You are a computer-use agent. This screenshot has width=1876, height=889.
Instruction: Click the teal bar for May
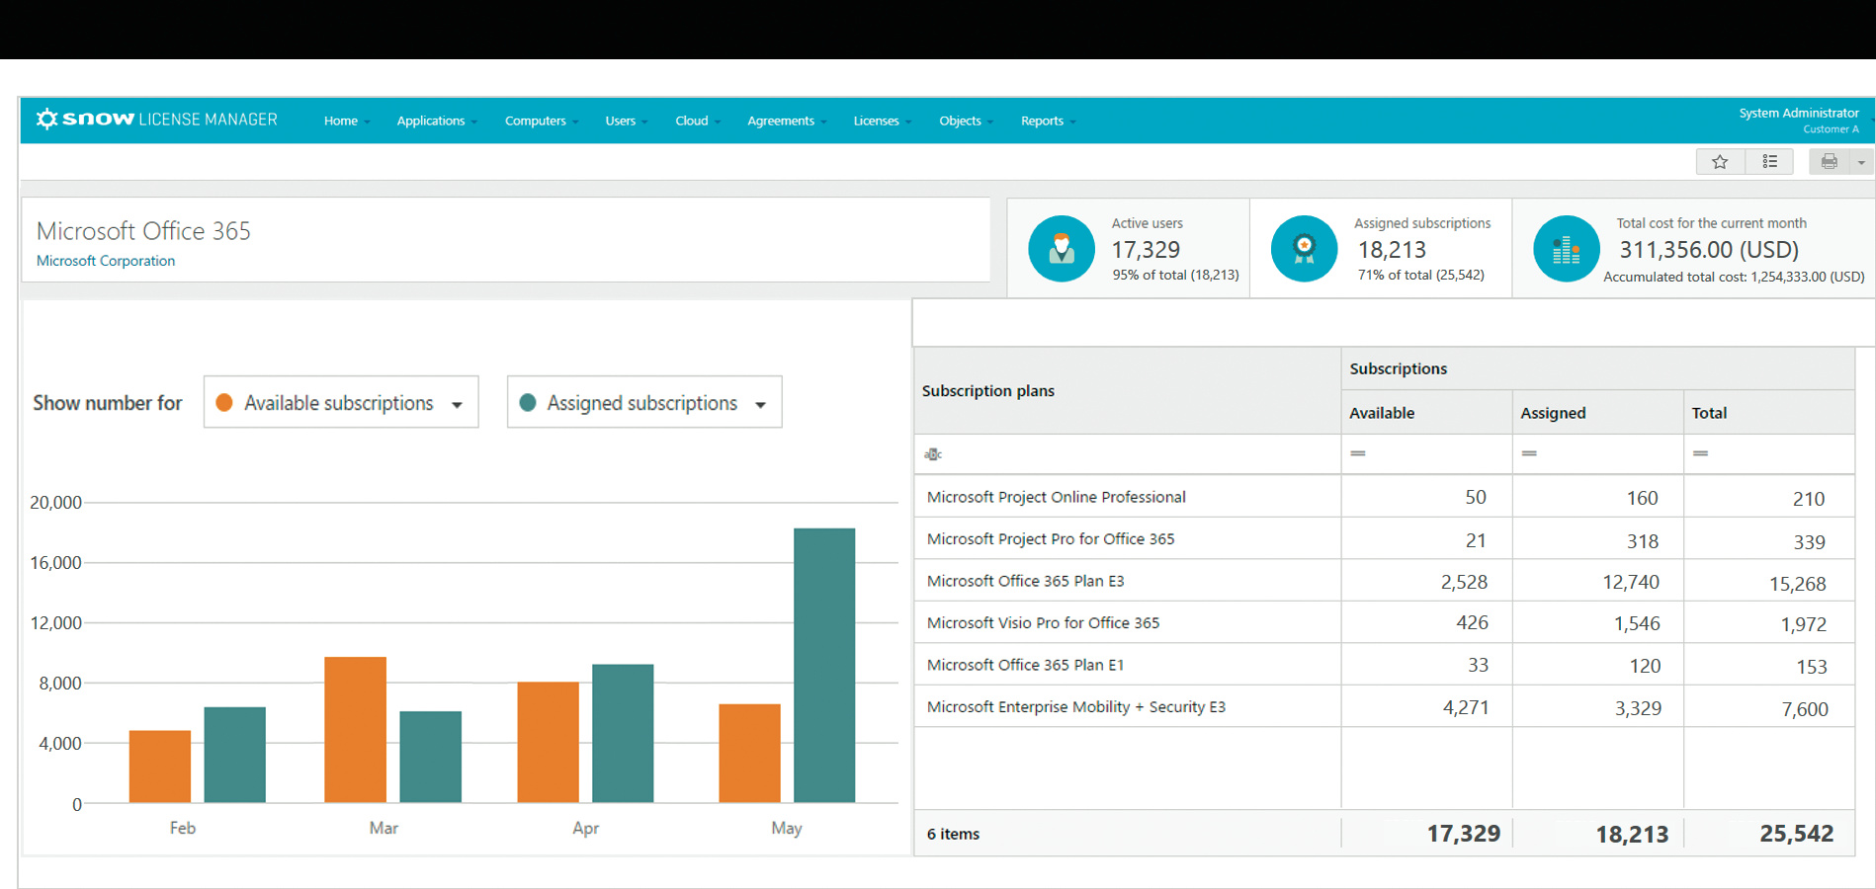[824, 665]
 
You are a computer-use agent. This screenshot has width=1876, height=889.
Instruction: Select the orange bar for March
[355, 729]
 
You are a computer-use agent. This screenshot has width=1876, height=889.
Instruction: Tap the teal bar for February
[234, 754]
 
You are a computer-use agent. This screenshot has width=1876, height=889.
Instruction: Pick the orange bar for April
[548, 741]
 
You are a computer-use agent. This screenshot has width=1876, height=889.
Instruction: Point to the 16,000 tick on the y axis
[56, 563]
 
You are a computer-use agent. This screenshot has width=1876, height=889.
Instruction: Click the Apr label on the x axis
[585, 828]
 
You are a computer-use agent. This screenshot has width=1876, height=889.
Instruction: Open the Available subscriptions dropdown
[341, 402]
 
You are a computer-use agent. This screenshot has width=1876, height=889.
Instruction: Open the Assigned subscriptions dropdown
[644, 402]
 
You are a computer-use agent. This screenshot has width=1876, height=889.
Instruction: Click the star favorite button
[1720, 162]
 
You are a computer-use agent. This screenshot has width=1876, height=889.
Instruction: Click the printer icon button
[1830, 162]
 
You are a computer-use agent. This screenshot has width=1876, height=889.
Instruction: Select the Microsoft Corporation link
[106, 261]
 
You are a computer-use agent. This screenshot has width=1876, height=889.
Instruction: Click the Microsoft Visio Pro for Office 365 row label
[1043, 623]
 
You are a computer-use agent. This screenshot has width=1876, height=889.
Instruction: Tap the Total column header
[1709, 413]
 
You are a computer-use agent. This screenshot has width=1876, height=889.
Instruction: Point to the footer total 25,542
[1796, 834]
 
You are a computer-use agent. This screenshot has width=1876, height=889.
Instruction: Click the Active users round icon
[1061, 249]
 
